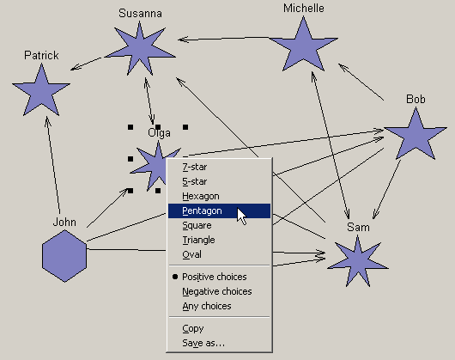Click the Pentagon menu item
[x=219, y=211]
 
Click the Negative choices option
[x=217, y=291]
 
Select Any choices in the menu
[x=207, y=306]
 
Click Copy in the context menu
[x=193, y=328]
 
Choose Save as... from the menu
[x=203, y=343]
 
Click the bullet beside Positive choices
[x=175, y=277]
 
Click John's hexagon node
[x=64, y=256]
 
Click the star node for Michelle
[x=304, y=45]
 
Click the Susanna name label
[x=140, y=14]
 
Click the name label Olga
[x=160, y=133]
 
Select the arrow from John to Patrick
[x=54, y=165]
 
